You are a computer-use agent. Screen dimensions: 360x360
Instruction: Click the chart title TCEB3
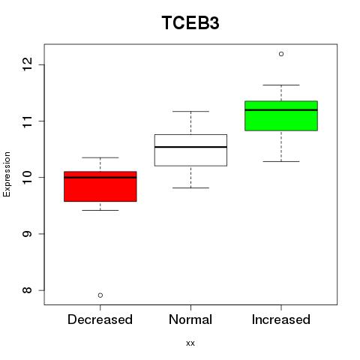pos(190,23)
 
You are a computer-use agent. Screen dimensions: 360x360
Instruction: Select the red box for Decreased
pos(100,187)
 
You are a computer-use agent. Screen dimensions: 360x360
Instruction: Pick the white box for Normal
pos(190,150)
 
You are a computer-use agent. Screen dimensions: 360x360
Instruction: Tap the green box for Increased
pos(281,115)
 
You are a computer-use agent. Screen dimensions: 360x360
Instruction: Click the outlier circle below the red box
pos(100,295)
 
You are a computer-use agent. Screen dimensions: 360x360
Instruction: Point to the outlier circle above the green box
pos(281,54)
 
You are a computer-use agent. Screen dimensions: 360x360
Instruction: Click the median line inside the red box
pos(100,178)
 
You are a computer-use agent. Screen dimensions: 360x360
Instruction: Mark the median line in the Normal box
pos(190,147)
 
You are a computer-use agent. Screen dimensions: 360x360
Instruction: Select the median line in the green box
pos(281,109)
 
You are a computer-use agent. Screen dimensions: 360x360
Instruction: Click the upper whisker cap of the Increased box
pos(281,85)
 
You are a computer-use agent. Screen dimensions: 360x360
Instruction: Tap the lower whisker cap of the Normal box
pos(190,187)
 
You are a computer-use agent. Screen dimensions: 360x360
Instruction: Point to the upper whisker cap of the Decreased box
pos(100,157)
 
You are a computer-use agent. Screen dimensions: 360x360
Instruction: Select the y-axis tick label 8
pos(28,290)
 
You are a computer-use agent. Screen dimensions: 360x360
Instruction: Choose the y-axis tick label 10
pos(28,177)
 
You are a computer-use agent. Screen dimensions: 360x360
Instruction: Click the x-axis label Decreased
pos(100,319)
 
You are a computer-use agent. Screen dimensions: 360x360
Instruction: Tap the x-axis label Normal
pos(190,319)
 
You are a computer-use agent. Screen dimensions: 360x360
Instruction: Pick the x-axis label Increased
pos(281,319)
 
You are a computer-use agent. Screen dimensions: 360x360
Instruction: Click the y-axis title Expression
pos(7,175)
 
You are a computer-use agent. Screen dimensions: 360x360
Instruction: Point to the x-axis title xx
pos(190,343)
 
